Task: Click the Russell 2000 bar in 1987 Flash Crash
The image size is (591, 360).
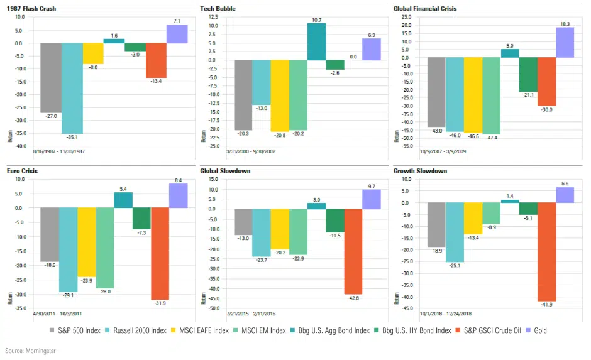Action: click(x=72, y=88)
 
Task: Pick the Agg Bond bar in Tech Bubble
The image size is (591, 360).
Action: click(x=316, y=41)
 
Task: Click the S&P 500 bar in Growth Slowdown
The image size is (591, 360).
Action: click(x=436, y=225)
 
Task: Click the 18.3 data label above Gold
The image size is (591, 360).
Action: click(x=565, y=23)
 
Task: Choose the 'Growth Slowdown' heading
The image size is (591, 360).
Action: click(x=420, y=170)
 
